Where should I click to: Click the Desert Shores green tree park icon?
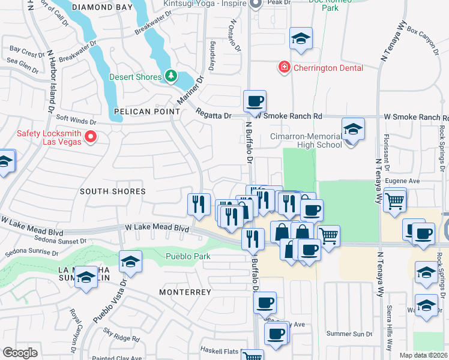(172, 76)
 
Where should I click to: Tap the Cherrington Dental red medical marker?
(284, 67)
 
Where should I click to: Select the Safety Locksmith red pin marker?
(91, 137)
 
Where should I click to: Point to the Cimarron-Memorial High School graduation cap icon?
(353, 129)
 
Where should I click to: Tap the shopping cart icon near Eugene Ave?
(394, 200)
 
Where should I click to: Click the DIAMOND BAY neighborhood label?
(100, 7)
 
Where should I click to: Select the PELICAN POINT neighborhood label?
(146, 112)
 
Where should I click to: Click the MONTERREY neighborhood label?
(185, 292)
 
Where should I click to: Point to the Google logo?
(20, 352)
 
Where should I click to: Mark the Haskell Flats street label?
(212, 350)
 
